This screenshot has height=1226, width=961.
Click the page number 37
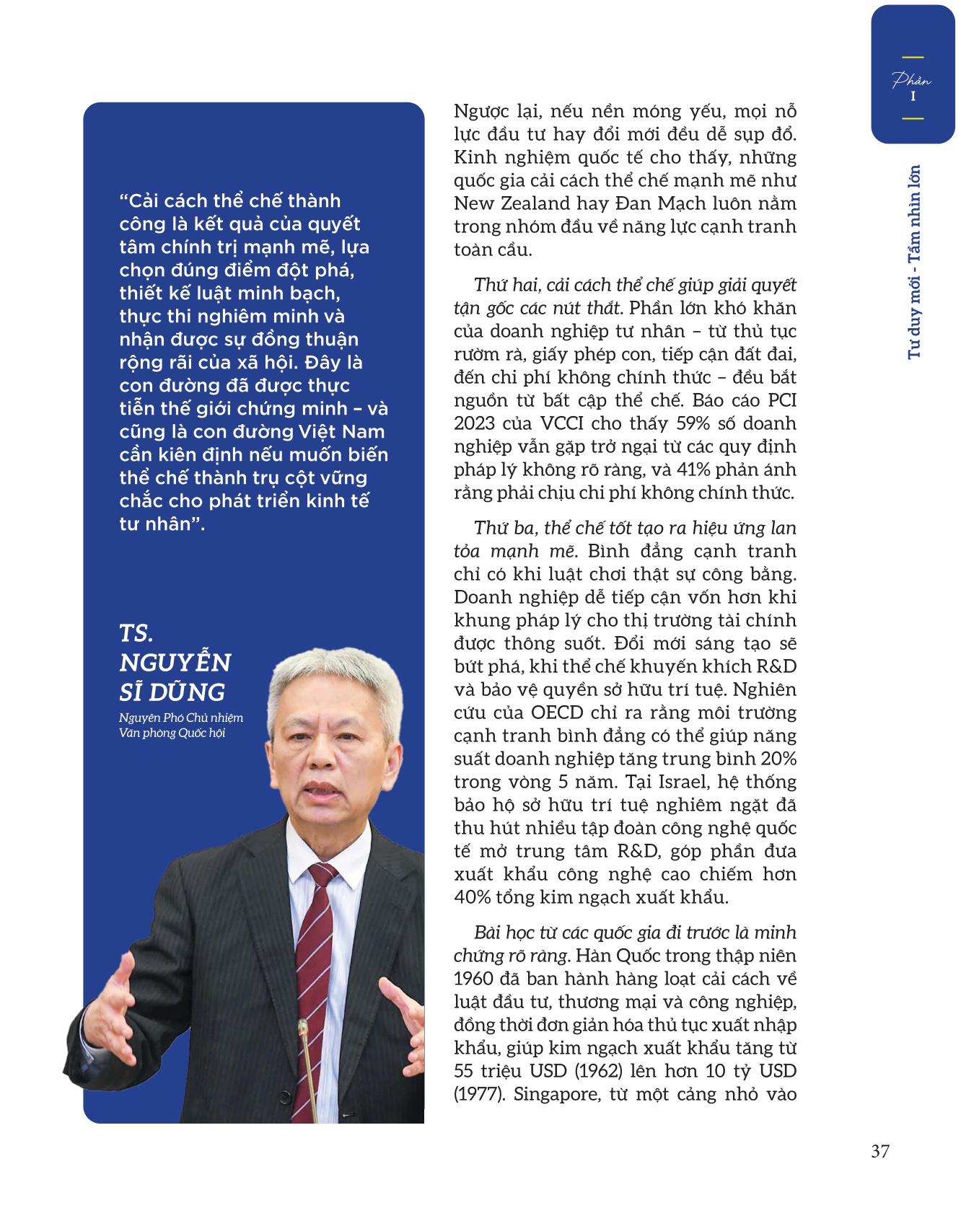(879, 1150)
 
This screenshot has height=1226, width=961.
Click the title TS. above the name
(137, 633)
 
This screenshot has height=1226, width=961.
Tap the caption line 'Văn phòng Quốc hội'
(173, 733)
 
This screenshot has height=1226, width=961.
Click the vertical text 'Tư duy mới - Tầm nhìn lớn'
(915, 263)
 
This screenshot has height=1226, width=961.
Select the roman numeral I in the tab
(913, 96)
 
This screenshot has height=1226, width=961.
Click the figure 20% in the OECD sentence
(777, 759)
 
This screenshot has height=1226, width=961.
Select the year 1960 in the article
(473, 979)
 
